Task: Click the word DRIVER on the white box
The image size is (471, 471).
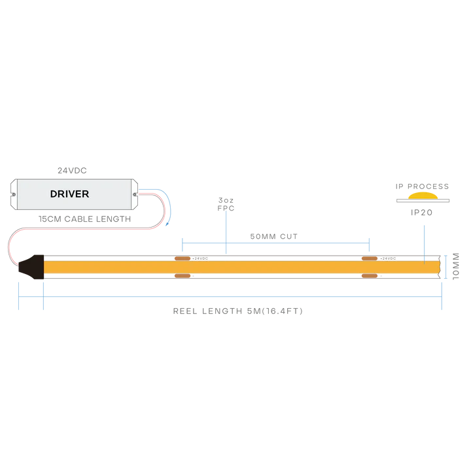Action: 69,194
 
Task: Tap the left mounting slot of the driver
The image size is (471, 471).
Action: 11,194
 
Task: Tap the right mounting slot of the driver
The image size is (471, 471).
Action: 135,194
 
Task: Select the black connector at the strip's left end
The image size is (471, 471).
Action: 30,267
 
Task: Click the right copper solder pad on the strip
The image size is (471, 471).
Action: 371,268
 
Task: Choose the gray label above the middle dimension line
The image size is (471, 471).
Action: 274,234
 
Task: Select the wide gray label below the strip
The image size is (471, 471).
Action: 237,313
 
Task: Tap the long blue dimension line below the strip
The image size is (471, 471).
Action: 242,300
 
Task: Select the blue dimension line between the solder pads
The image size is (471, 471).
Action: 275,243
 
